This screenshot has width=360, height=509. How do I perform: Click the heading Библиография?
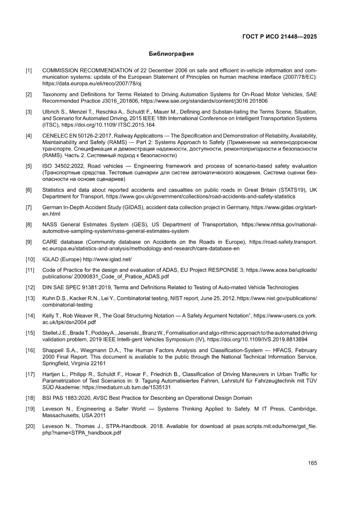pyautogui.click(x=171, y=54)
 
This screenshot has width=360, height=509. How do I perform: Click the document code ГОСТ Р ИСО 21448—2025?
pyautogui.click(x=279, y=37)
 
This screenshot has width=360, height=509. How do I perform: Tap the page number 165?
pyautogui.click(x=312, y=463)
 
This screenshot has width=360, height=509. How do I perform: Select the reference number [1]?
pyautogui.click(x=28, y=71)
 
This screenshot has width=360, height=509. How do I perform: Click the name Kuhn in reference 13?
pyautogui.click(x=49, y=298)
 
